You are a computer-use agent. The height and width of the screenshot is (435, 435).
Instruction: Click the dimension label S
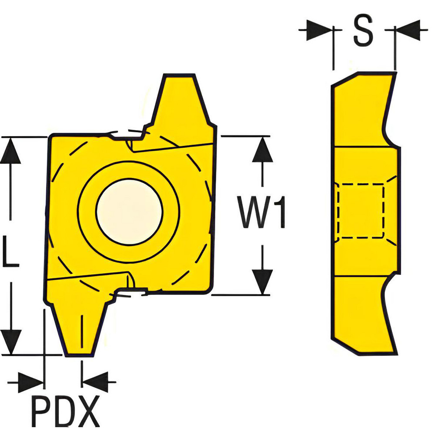(363, 30)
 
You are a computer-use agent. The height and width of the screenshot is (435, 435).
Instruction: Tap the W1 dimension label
(261, 212)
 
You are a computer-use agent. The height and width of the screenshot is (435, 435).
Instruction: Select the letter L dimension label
(10, 251)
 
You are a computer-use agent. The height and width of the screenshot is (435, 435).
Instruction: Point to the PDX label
(66, 411)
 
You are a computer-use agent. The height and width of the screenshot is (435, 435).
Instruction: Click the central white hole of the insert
(129, 212)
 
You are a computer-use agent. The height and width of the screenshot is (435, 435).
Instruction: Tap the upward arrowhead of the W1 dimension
(262, 149)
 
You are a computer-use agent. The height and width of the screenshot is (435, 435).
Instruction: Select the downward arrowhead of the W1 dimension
(262, 281)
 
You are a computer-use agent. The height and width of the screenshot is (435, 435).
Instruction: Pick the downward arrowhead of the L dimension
(11, 342)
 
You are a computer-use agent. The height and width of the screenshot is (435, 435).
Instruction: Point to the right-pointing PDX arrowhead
(30, 382)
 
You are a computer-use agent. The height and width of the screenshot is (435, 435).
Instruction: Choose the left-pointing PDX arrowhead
(95, 382)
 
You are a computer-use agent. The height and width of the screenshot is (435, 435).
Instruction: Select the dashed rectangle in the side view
(361, 211)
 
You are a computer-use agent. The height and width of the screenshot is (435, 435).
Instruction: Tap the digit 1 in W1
(280, 212)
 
